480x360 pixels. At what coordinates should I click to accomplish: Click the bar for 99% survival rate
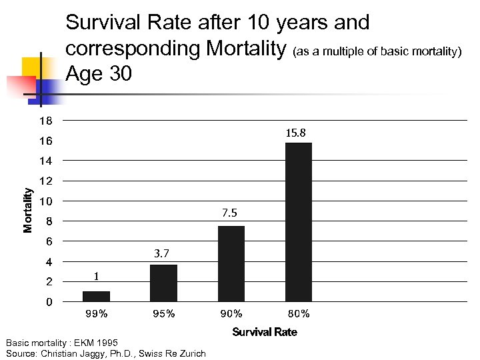[x=96, y=297]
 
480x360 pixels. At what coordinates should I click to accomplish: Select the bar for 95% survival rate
[x=163, y=283]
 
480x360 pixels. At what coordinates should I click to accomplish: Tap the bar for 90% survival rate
[x=231, y=263]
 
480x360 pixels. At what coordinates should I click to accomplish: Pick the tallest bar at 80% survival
[x=298, y=222]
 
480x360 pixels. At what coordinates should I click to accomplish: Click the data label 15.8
[x=295, y=133]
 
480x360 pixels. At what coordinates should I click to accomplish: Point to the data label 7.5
[x=229, y=213]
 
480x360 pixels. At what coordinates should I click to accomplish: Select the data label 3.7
[x=162, y=253]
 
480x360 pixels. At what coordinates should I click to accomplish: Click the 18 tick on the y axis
[x=45, y=121]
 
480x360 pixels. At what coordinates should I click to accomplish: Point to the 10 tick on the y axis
[x=45, y=202]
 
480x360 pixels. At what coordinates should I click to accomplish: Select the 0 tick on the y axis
[x=49, y=303]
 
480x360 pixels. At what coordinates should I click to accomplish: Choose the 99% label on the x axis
[x=96, y=314]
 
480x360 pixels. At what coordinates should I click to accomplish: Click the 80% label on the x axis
[x=298, y=314]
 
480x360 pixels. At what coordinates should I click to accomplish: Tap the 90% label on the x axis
[x=231, y=314]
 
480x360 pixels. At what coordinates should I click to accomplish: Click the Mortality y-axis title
[x=28, y=210]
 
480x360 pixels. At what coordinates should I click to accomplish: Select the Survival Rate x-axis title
[x=264, y=332]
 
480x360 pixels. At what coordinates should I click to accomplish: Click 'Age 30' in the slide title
[x=99, y=74]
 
